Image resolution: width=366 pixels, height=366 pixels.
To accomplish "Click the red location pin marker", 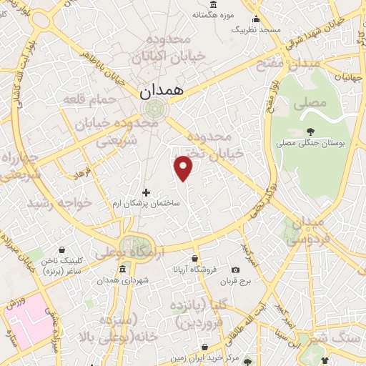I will pos(184,168).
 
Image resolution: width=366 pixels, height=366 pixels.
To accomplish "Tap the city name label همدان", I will pos(158,91).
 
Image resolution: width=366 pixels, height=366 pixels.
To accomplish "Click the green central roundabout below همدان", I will pos(152,109).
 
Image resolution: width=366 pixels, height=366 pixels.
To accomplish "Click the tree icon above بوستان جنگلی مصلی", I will pos(310,130).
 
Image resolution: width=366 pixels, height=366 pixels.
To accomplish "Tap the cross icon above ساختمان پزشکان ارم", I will pos(147,192).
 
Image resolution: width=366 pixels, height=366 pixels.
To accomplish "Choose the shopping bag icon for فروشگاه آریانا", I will pos(194,258).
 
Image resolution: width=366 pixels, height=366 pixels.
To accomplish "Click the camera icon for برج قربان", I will pos(235,269).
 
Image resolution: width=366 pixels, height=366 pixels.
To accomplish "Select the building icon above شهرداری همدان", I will pos(123,269).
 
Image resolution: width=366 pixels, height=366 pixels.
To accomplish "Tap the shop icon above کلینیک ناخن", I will pos(63,250).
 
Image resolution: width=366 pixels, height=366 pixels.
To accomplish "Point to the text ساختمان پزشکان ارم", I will pos(147,204).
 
